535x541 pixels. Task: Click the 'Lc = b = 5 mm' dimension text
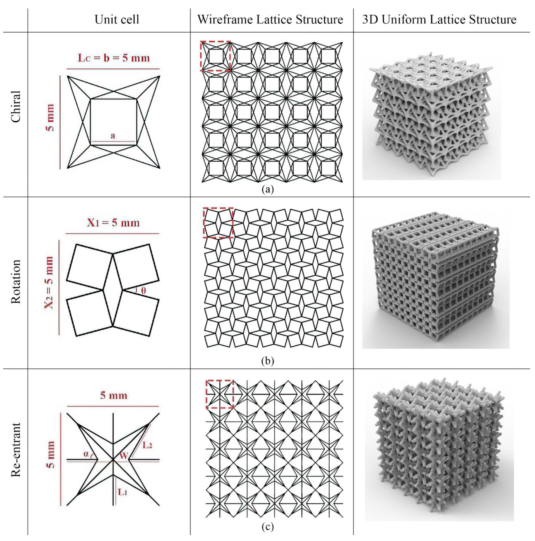point(114,58)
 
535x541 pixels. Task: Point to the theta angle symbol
point(143,291)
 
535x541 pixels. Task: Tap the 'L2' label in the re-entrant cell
point(147,445)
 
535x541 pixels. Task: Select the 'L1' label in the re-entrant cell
point(122,492)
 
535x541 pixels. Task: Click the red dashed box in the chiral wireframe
point(215,42)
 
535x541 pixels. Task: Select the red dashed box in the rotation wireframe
point(218,208)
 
